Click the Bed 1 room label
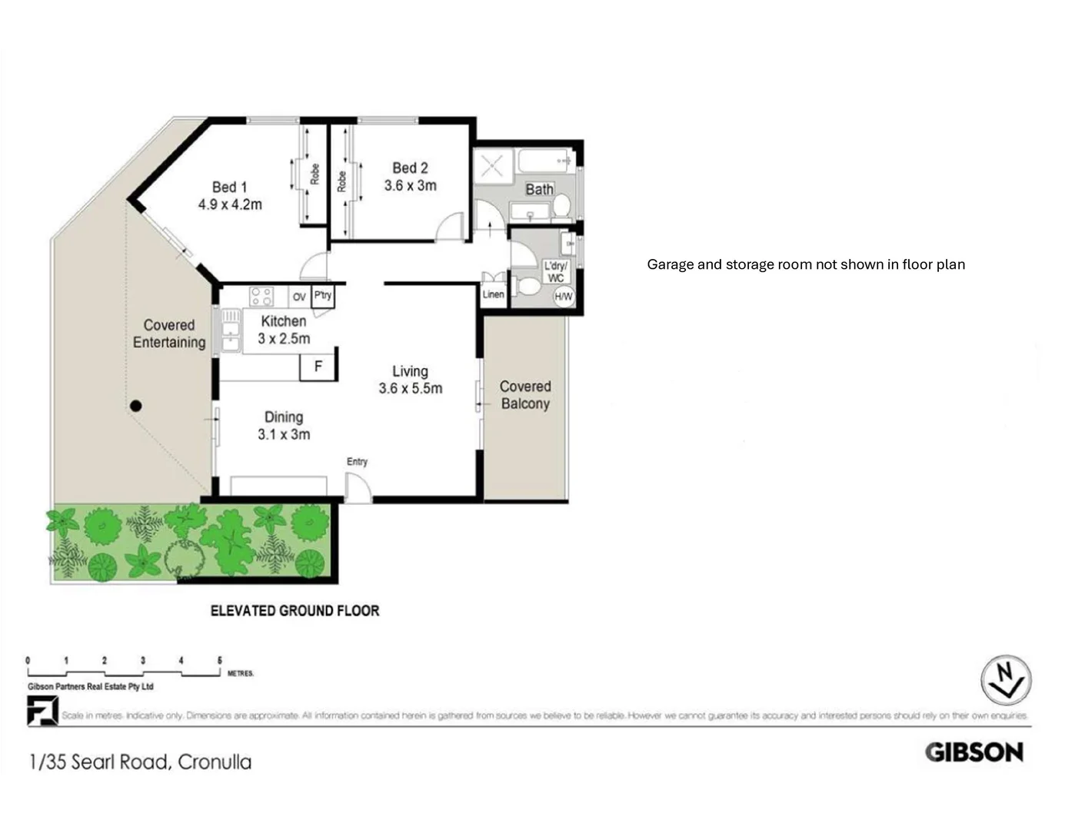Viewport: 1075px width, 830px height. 229,187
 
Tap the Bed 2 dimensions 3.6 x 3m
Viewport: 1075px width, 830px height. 410,185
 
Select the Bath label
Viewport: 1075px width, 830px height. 539,189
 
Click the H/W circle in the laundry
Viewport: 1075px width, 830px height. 563,297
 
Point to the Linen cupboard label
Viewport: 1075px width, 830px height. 493,294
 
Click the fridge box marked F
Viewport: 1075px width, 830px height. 318,367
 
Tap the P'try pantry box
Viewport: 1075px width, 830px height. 323,295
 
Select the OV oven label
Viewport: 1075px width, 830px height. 299,297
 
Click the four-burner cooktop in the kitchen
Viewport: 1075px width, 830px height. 261,296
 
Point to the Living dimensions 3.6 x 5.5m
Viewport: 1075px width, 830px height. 410,389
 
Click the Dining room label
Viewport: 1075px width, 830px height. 283,417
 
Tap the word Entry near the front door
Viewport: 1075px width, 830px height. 357,462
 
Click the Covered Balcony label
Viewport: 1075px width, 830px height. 525,395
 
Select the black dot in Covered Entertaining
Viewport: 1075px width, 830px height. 136,406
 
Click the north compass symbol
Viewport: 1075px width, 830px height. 1005,679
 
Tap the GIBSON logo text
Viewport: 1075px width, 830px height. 973,752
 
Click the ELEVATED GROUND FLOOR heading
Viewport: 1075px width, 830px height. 295,611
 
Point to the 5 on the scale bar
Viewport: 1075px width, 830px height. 220,660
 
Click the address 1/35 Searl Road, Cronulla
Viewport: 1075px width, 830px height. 140,762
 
